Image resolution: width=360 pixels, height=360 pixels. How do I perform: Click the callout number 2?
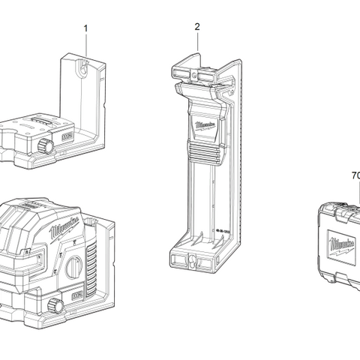click(197, 26)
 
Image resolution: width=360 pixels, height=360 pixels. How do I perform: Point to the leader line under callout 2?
click(197, 42)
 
